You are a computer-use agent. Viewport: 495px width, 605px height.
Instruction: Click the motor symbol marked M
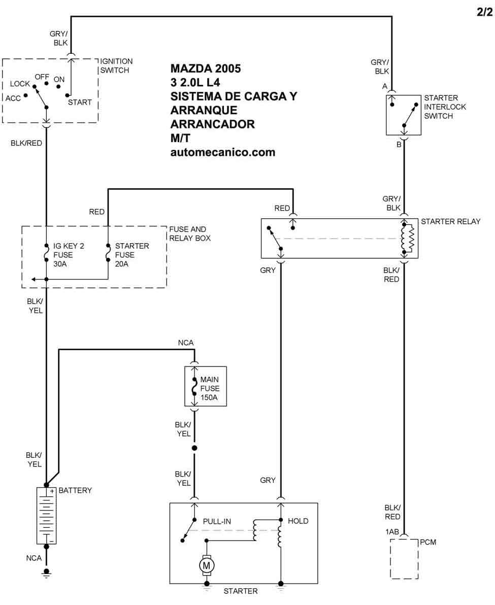(207, 565)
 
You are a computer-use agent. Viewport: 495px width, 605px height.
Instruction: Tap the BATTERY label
(75, 490)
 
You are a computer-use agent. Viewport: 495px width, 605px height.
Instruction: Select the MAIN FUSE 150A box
(206, 386)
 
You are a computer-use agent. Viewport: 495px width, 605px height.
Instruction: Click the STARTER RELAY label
(451, 221)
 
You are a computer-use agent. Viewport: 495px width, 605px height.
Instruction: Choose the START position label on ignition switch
(80, 102)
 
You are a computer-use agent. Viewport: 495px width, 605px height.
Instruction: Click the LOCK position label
(20, 84)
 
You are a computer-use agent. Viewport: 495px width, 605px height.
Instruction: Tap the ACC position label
(13, 98)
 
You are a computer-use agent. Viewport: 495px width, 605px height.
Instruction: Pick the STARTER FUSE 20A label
(132, 255)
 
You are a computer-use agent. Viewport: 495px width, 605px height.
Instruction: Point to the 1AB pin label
(392, 532)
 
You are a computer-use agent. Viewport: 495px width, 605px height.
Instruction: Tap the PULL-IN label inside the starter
(217, 521)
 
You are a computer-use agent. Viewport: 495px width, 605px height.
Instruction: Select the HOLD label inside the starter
(298, 521)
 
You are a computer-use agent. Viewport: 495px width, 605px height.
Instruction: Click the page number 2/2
(484, 12)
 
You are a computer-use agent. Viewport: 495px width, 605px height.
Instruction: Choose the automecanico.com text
(223, 152)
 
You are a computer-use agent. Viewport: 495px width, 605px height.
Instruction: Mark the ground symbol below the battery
(46, 573)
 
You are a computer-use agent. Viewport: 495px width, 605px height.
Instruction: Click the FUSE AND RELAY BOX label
(190, 233)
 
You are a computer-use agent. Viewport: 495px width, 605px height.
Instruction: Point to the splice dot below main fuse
(194, 448)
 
